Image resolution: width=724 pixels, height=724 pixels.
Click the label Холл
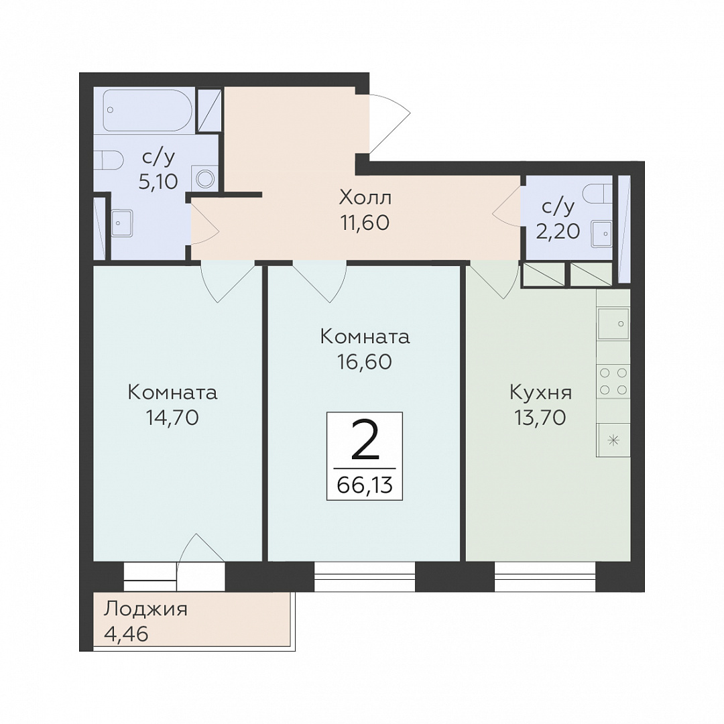pyautogui.click(x=365, y=198)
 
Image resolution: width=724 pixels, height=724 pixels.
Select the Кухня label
pyautogui.click(x=541, y=393)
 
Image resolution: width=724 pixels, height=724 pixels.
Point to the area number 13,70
pyautogui.click(x=540, y=418)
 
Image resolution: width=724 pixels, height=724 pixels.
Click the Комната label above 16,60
pyautogui.click(x=365, y=337)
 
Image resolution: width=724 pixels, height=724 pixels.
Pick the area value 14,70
pyautogui.click(x=172, y=418)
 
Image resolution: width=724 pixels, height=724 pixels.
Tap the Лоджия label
pyautogui.click(x=145, y=609)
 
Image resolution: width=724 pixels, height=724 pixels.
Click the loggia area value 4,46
pyautogui.click(x=126, y=634)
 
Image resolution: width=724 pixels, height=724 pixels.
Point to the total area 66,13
pyautogui.click(x=365, y=485)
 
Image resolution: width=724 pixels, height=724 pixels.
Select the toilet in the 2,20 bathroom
pyautogui.click(x=598, y=194)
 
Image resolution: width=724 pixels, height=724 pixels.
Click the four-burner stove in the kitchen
pyautogui.click(x=613, y=381)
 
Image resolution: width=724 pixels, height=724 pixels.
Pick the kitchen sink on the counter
pyautogui.click(x=613, y=324)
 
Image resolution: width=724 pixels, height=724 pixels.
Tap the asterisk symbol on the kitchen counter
pyautogui.click(x=613, y=440)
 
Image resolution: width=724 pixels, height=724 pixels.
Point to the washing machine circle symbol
pyautogui.click(x=204, y=178)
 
